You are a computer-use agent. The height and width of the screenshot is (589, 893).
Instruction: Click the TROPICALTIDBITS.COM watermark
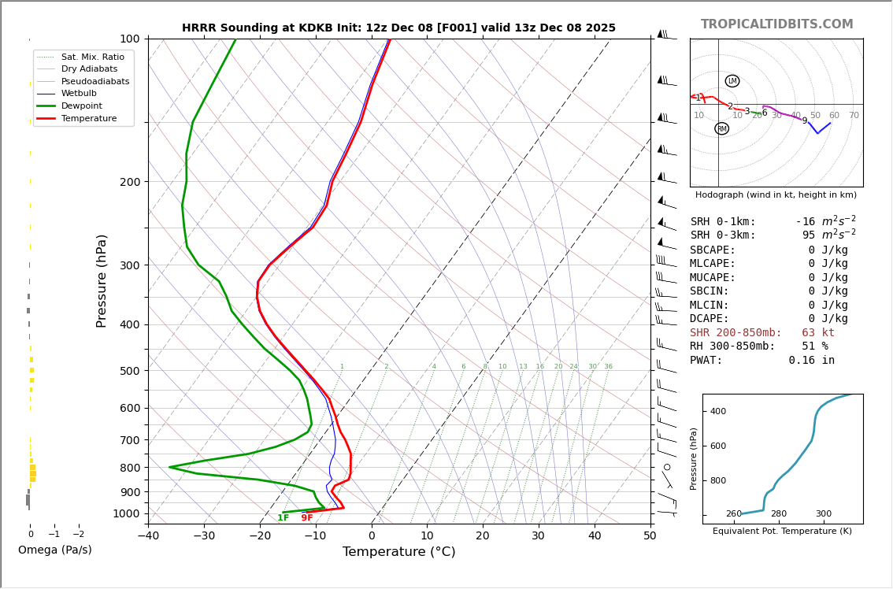coord(776,24)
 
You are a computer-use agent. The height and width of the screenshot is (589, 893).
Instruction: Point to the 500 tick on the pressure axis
coord(130,371)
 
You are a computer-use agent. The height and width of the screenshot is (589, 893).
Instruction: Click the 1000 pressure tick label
coord(127,513)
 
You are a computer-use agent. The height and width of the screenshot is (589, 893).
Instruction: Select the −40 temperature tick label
coord(148,536)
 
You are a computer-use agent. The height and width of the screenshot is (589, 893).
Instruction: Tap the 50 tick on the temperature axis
coord(650,536)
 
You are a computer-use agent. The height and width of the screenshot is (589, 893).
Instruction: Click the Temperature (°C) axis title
coord(398,552)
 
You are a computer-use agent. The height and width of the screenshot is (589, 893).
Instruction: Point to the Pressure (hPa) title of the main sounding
coord(102,280)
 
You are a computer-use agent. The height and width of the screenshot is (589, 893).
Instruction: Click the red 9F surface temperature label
coord(307,518)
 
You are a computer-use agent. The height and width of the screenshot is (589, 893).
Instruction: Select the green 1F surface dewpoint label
coord(283,518)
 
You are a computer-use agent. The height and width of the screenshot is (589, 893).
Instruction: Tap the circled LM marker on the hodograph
coord(732,81)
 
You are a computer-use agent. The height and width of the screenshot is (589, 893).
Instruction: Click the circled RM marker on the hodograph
coord(721,128)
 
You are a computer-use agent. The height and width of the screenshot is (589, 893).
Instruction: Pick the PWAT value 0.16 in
coord(812,361)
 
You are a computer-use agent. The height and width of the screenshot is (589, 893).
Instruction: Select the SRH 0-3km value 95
coord(809,235)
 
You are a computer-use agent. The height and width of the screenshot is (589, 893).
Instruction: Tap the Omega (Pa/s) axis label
coord(55,550)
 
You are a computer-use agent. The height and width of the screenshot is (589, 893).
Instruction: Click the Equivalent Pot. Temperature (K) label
coord(782,532)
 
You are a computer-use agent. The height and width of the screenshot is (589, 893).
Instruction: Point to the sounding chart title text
coord(398,28)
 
